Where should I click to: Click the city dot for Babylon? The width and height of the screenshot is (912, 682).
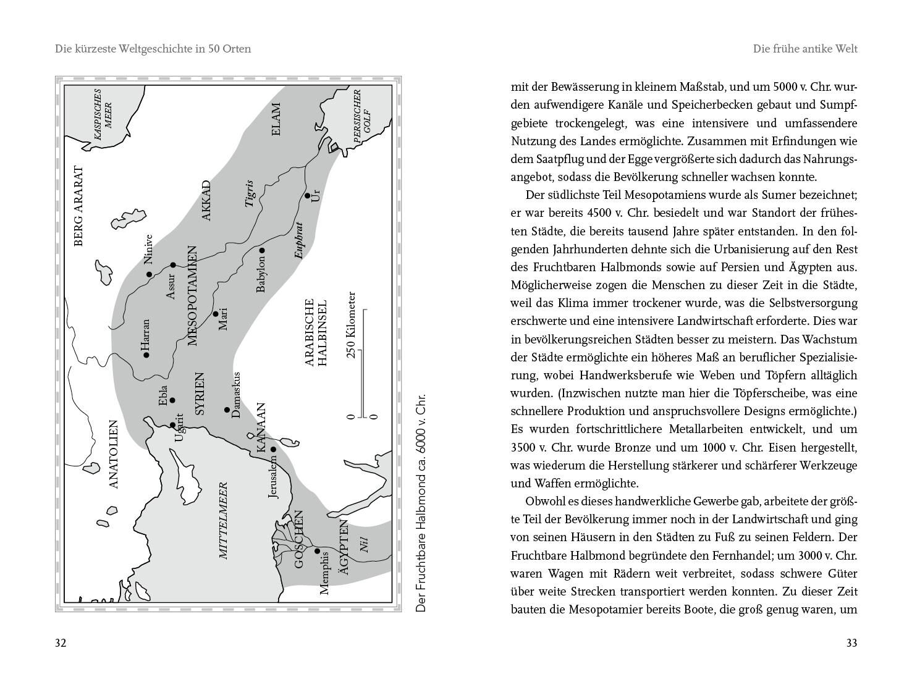(262, 250)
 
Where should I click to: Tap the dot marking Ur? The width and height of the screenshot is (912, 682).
(308, 196)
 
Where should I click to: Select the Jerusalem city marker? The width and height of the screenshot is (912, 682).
(273, 449)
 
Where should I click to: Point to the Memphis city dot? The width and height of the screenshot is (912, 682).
(318, 551)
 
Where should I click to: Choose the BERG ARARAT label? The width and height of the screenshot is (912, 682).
(78, 206)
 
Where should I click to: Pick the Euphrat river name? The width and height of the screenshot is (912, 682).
(299, 240)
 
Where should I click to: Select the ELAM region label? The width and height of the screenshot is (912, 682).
(276, 120)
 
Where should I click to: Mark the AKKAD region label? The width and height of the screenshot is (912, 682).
(206, 200)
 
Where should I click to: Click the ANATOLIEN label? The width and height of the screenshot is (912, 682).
(113, 454)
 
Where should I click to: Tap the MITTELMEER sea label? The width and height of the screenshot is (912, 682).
(224, 520)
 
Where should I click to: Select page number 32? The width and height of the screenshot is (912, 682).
(61, 643)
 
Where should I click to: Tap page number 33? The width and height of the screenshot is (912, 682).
(851, 643)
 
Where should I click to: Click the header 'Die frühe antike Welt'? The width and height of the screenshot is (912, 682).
(805, 49)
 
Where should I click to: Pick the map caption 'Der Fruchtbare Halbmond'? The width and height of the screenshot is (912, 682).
(421, 502)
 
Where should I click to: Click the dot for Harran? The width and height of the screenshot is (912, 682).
(146, 355)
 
